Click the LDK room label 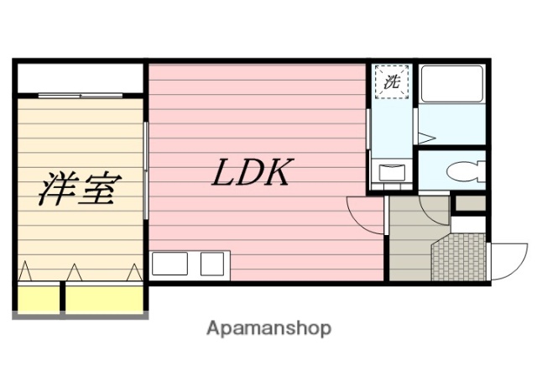pos(251,174)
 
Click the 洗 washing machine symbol pos(391,82)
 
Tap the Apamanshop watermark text pos(268,327)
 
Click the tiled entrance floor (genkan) pos(458,257)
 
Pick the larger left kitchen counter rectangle pos(170,264)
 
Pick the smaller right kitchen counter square pos(212,264)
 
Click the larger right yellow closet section pos(106,299)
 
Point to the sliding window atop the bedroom pos(81,94)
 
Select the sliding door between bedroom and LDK pos(146,168)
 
